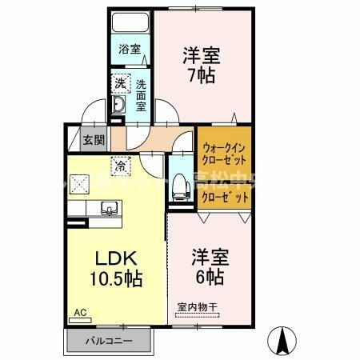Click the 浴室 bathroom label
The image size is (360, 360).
(130, 50)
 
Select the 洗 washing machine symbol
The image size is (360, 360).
(119, 82)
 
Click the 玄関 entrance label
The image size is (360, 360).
(93, 140)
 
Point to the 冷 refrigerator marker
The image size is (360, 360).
(119, 166)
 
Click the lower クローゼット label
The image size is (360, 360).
(224, 196)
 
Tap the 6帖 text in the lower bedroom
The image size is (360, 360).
(210, 277)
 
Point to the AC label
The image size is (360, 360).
(80, 311)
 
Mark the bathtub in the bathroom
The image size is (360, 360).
(130, 23)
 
